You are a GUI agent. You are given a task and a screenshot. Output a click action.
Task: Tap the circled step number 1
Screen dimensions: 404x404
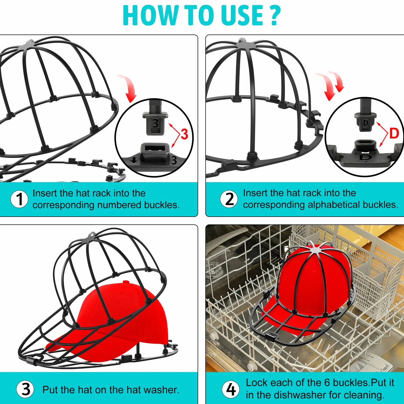[x=19, y=199]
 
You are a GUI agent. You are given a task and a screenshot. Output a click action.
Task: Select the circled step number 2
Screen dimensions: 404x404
[x=229, y=199]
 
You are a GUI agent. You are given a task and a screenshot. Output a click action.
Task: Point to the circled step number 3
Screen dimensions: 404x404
[x=25, y=389]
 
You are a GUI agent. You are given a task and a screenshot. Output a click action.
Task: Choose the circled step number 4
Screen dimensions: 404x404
[x=231, y=389]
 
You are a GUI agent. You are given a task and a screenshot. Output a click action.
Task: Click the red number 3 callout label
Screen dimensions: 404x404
[x=184, y=134]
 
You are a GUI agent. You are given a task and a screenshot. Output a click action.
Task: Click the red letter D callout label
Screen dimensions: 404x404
[x=394, y=133]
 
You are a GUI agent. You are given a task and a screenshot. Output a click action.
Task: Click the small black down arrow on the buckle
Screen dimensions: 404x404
[x=134, y=161]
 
